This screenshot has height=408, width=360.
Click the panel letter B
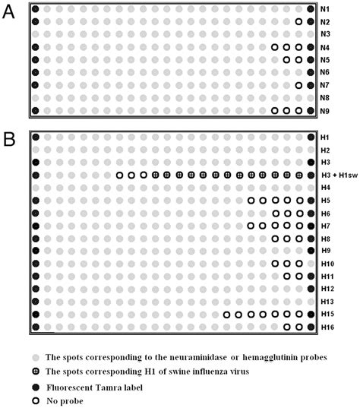click(10, 141)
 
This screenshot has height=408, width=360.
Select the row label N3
click(325, 34)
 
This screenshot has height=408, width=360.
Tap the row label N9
click(325, 111)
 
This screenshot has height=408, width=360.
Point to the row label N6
click(325, 72)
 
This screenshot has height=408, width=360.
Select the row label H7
click(324, 226)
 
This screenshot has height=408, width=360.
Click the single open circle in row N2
click(298, 22)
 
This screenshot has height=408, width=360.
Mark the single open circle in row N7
click(298, 85)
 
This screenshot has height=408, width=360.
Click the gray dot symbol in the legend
click(35, 356)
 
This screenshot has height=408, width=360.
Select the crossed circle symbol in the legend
click(35, 371)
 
